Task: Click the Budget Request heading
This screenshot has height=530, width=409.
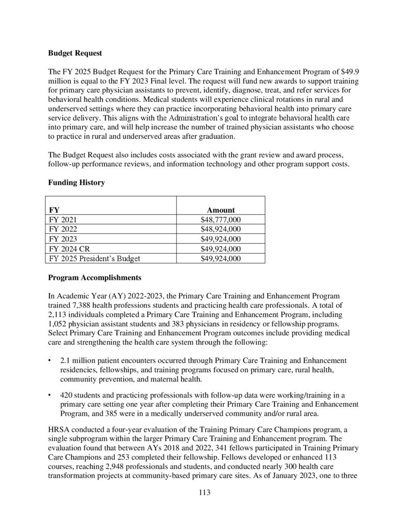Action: [75, 53]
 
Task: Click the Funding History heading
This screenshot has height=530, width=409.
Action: [76, 182]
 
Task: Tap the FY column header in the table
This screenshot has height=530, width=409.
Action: [54, 210]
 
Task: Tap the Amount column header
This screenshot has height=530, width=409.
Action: [221, 210]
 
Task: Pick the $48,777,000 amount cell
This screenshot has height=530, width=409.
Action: [221, 220]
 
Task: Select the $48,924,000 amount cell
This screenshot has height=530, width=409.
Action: [221, 229]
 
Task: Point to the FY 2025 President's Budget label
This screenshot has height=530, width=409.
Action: [94, 258]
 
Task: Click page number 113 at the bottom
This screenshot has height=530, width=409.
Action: [205, 492]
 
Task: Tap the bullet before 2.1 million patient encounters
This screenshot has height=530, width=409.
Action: [50, 360]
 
